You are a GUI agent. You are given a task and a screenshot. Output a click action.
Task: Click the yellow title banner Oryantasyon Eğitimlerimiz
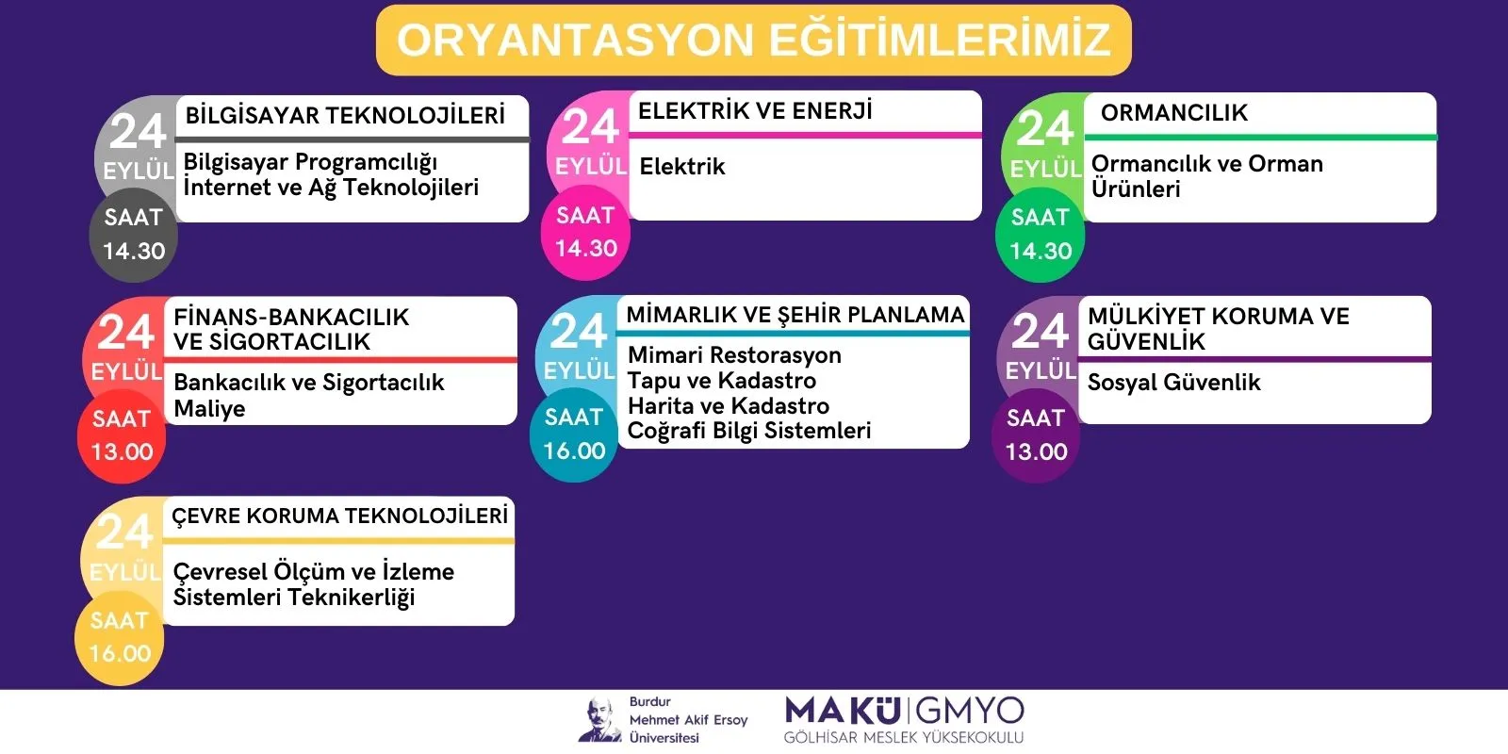[753, 40]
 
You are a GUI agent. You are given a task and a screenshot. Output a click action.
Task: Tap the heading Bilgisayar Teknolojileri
[345, 115]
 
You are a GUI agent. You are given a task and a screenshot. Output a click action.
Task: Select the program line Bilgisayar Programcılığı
[310, 163]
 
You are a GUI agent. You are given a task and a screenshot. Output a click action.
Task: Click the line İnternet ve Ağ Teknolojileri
[331, 188]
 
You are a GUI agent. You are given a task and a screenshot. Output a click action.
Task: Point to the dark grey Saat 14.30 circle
[133, 236]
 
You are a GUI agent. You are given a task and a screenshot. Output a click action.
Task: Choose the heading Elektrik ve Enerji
[755, 110]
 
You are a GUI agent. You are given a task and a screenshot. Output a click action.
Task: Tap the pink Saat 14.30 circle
[585, 233]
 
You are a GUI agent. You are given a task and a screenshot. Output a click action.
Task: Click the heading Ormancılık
[1174, 112]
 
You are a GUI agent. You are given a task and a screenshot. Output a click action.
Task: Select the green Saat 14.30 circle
[1041, 235]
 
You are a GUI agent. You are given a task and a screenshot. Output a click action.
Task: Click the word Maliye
[209, 409]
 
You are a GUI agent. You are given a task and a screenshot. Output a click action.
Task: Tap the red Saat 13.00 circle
[122, 436]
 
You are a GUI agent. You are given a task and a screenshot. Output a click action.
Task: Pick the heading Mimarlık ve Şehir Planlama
[795, 315]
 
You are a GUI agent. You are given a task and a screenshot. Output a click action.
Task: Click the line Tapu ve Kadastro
[722, 381]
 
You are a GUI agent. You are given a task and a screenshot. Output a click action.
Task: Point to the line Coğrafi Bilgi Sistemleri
[749, 431]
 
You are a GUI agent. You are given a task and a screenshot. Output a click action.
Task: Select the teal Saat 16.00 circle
[574, 434]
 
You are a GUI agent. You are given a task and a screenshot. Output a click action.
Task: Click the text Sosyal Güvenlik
[1173, 383]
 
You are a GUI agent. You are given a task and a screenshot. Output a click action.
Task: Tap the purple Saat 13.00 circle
[1036, 436]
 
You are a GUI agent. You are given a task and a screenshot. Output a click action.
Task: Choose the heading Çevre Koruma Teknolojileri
[339, 516]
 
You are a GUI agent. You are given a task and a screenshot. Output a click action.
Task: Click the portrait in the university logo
[599, 720]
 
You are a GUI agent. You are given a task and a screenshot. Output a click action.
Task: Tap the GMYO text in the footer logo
[970, 712]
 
